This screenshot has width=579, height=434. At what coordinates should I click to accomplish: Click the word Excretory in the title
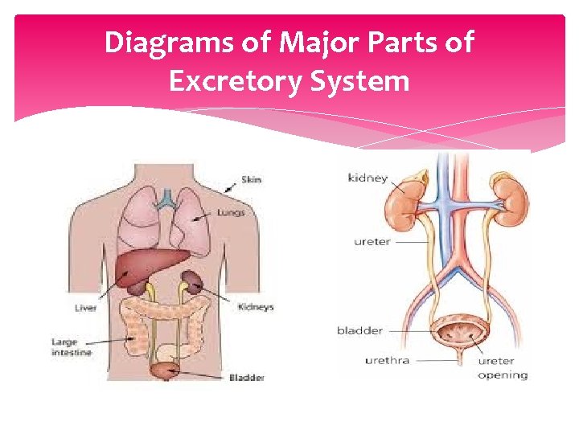coord(241,81)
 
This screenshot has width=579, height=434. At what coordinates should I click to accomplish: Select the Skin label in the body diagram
coord(251,180)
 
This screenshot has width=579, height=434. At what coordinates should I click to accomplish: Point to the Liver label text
coord(85,308)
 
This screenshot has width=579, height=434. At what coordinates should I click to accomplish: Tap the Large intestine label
coord(72,347)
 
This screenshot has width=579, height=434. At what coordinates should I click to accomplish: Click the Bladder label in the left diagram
coord(245,377)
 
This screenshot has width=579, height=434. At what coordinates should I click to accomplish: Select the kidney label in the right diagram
coord(368,178)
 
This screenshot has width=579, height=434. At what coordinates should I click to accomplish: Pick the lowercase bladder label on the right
coord(359,330)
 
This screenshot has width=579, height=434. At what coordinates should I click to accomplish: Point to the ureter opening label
coord(503,368)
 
